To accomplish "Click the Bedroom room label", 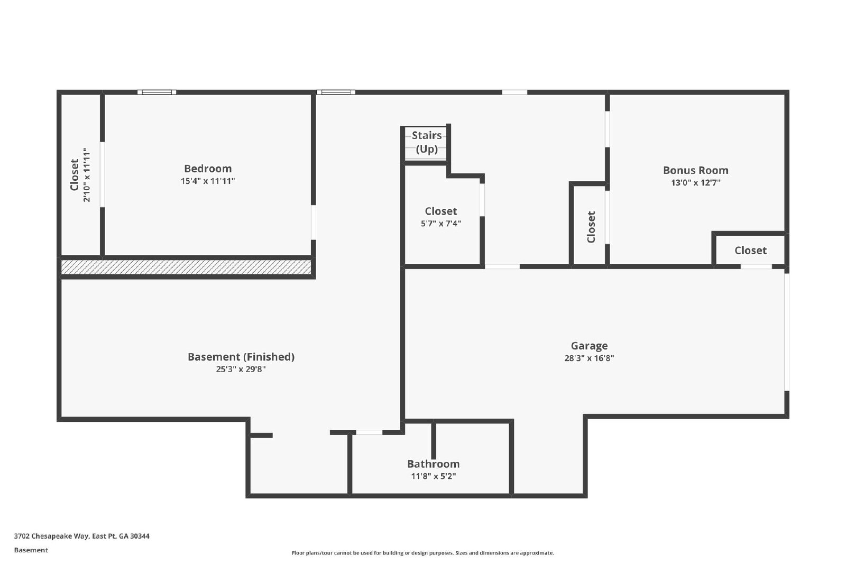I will pos(207,169).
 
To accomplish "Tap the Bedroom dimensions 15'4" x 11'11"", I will pos(207,181).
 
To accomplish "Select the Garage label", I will pos(589,346).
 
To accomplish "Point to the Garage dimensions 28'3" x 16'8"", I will pos(589,358).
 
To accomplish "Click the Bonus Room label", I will pos(695,170).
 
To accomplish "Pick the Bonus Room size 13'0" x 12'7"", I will pos(695,183).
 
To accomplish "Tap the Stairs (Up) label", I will pos(427,142).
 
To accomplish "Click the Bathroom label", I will pos(433,464).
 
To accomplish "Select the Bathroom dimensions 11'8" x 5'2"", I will pos(433,476).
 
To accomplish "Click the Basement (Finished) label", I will pos(241,357).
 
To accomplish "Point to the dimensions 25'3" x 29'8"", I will pos(241,369).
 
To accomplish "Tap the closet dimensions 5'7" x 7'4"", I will pos(440,224).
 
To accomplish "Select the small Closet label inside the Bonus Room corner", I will pos(750,251).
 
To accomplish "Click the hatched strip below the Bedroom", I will pos(186,267).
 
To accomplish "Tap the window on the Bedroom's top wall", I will pos(157,93).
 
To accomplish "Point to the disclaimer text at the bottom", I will pos(422,553).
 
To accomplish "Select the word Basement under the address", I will pos(31,550).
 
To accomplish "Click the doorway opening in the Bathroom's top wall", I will pos(369,432).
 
